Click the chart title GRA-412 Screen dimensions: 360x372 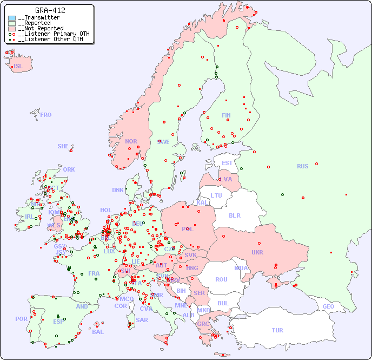click(x=50, y=10)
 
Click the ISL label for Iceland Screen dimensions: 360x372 click(x=18, y=67)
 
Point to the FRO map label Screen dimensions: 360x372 click(x=46, y=115)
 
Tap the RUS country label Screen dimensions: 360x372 click(x=302, y=166)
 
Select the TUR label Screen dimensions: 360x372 click(x=277, y=330)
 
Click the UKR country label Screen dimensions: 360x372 click(x=257, y=252)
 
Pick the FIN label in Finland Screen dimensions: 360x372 click(x=226, y=115)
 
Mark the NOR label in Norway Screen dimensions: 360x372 click(x=131, y=141)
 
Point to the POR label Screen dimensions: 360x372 click(x=21, y=319)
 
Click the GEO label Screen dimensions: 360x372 click(x=328, y=306)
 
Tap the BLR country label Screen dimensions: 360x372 click(x=234, y=215)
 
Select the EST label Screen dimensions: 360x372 click(x=227, y=163)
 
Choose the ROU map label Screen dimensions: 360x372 click(x=221, y=279)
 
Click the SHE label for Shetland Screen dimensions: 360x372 click(x=63, y=146)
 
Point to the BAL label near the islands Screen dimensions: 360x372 click(x=97, y=332)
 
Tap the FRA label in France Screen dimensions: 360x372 click(x=94, y=273)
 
